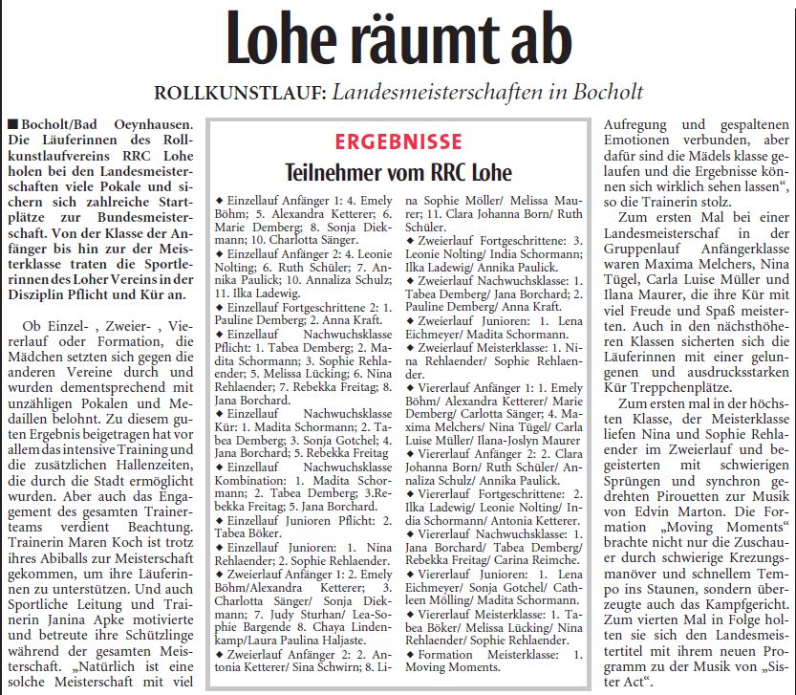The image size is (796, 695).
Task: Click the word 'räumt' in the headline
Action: click(x=429, y=39)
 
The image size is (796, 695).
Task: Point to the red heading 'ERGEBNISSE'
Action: click(x=398, y=141)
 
